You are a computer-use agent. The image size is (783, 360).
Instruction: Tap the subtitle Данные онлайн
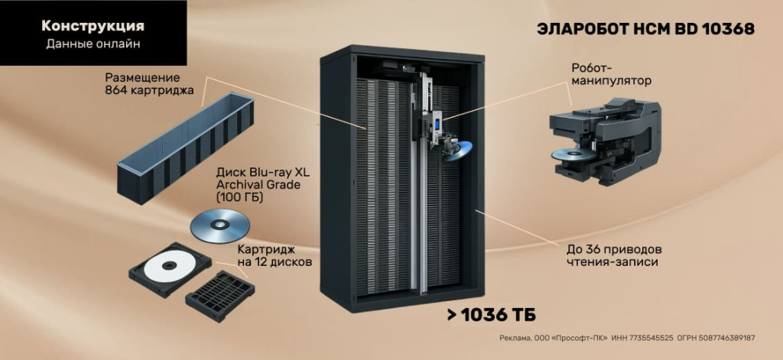93,44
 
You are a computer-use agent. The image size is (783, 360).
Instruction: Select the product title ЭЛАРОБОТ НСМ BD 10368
645,29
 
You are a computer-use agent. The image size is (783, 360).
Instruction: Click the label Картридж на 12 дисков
274,257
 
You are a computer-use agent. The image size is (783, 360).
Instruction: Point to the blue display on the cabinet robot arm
437,122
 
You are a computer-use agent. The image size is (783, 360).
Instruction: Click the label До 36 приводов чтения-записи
609,256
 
